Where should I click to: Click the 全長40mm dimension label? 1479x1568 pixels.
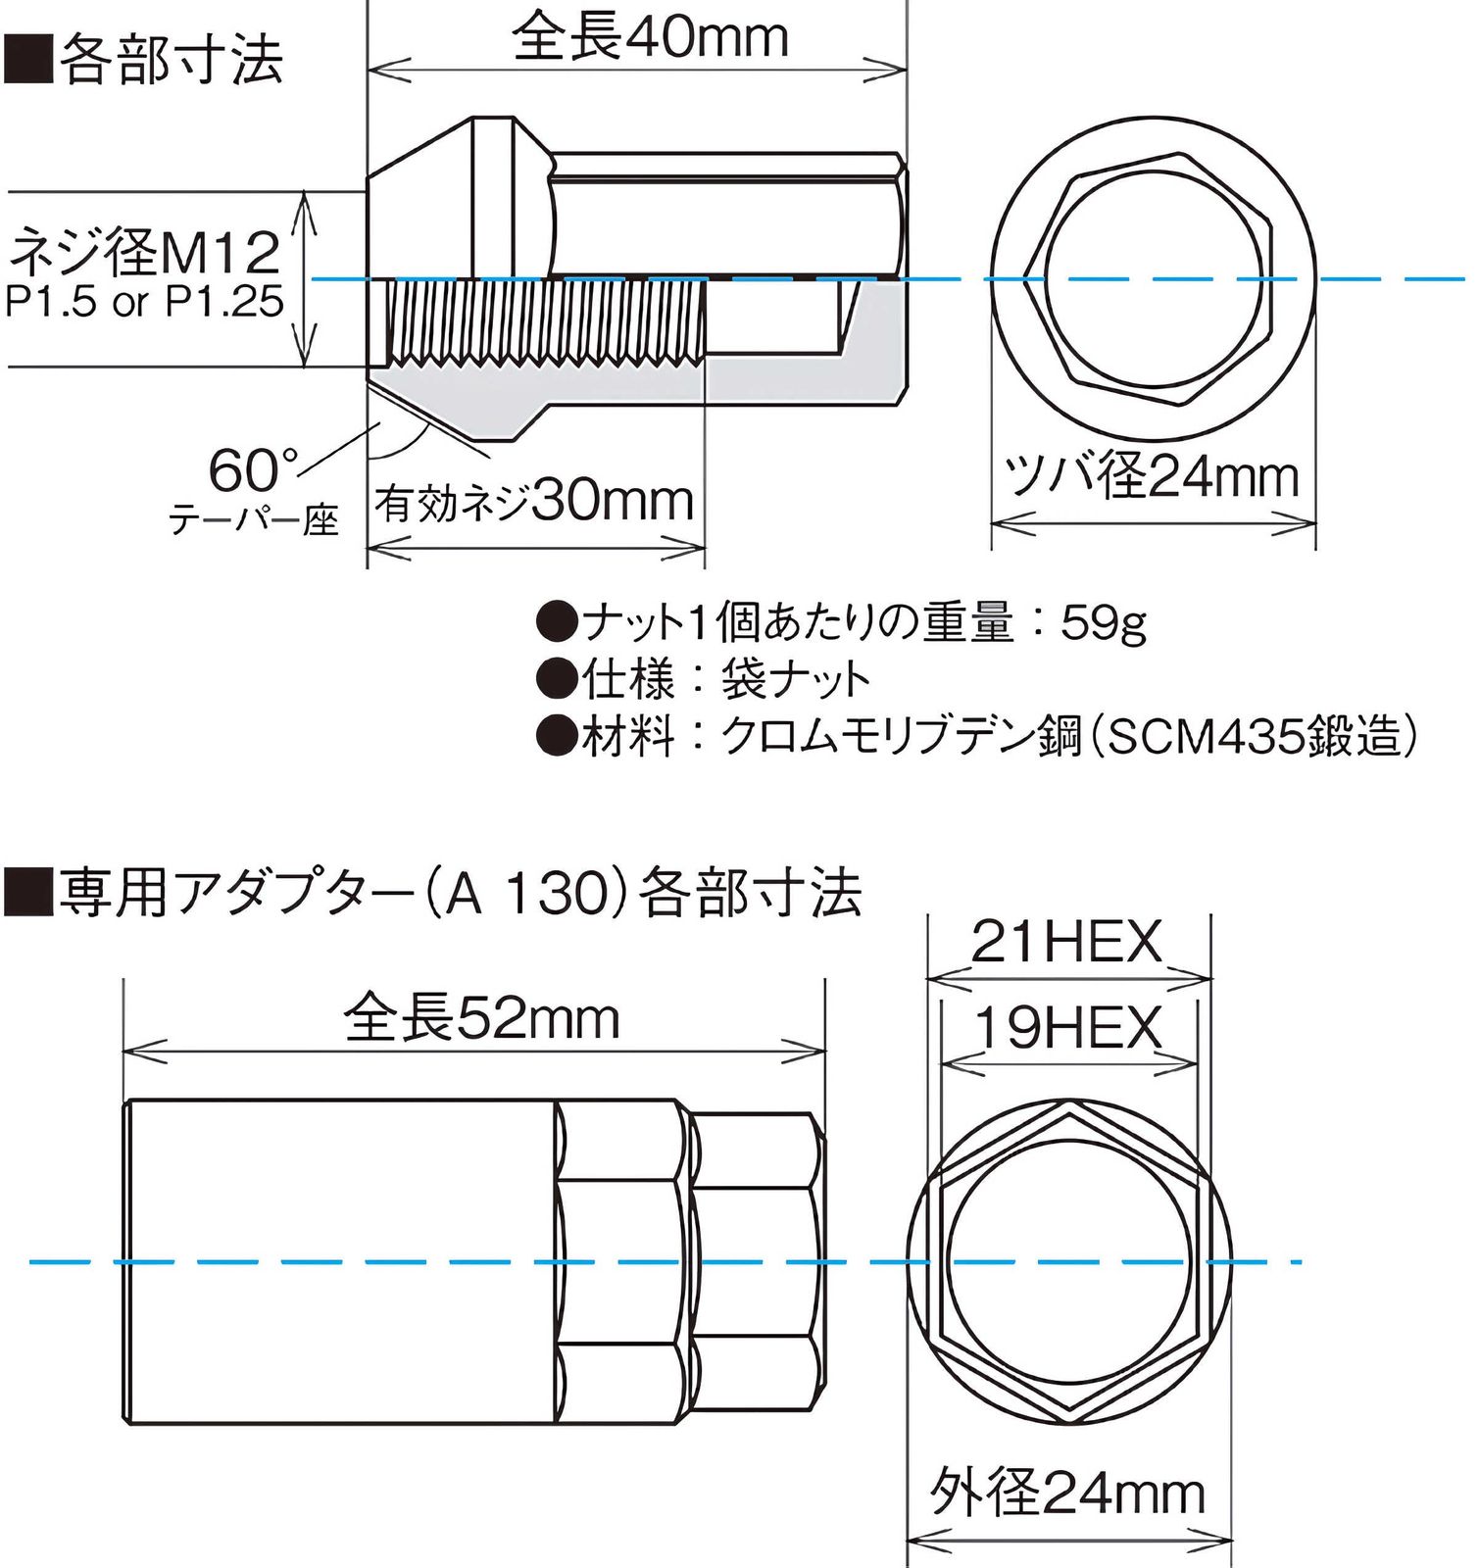tap(649, 37)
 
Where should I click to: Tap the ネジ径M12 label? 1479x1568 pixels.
tap(145, 253)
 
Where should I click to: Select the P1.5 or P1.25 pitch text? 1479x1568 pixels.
tap(145, 302)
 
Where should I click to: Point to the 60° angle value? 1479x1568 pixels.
tap(253, 469)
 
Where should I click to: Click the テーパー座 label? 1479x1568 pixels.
tap(254, 519)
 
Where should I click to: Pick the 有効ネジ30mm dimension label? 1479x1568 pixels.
tap(534, 502)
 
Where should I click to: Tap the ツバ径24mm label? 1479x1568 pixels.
tap(1153, 477)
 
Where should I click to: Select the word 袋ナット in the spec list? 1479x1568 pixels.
tap(796, 679)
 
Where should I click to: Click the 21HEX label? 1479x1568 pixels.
tap(1066, 942)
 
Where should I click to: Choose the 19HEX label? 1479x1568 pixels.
tap(1067, 1028)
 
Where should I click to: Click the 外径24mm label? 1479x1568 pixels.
tap(1067, 1493)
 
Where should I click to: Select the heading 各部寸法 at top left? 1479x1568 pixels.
tap(172, 61)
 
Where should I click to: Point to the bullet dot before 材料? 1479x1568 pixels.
tap(557, 736)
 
